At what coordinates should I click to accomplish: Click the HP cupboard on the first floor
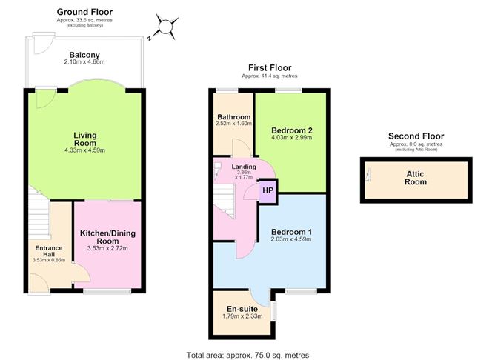[268, 190]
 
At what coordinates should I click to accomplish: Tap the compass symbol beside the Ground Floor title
[165, 27]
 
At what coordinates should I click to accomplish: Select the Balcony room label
[84, 55]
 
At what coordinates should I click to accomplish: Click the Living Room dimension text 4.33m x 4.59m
[85, 150]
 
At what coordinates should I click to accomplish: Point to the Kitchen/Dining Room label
[107, 237]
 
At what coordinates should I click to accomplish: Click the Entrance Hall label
[49, 251]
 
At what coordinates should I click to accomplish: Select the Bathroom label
[234, 117]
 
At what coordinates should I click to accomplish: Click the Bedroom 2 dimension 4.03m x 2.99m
[292, 137]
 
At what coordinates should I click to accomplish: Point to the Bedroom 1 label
[291, 232]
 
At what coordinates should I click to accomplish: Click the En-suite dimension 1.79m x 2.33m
[242, 316]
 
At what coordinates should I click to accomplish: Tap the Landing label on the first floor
[244, 167]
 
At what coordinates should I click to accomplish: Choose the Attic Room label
[416, 178]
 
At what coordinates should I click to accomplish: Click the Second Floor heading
[416, 136]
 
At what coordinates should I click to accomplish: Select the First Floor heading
[270, 67]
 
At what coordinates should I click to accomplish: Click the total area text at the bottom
[247, 356]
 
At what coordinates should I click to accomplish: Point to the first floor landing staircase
[224, 201]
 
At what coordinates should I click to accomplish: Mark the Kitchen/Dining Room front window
[107, 292]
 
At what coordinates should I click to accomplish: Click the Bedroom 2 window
[288, 90]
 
